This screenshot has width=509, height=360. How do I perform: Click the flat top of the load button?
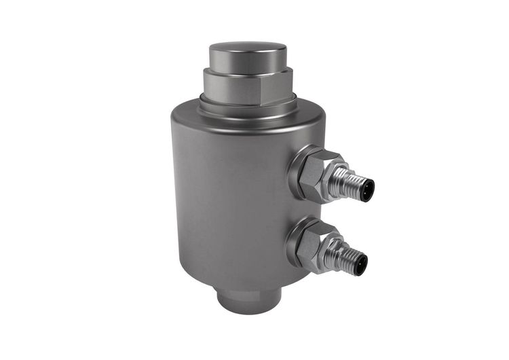click(247, 50)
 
